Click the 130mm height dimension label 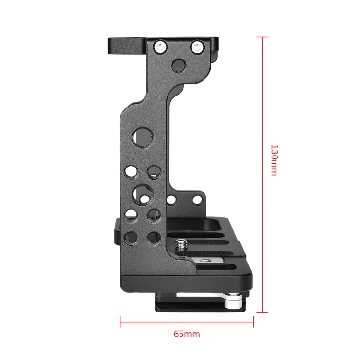[274, 160]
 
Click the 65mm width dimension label [187, 334]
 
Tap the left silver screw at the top [160, 48]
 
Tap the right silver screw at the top [197, 48]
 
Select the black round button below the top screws [179, 66]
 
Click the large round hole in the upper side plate [143, 138]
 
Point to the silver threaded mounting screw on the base [181, 245]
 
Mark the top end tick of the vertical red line [262, 37]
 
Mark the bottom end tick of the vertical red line [262, 312]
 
